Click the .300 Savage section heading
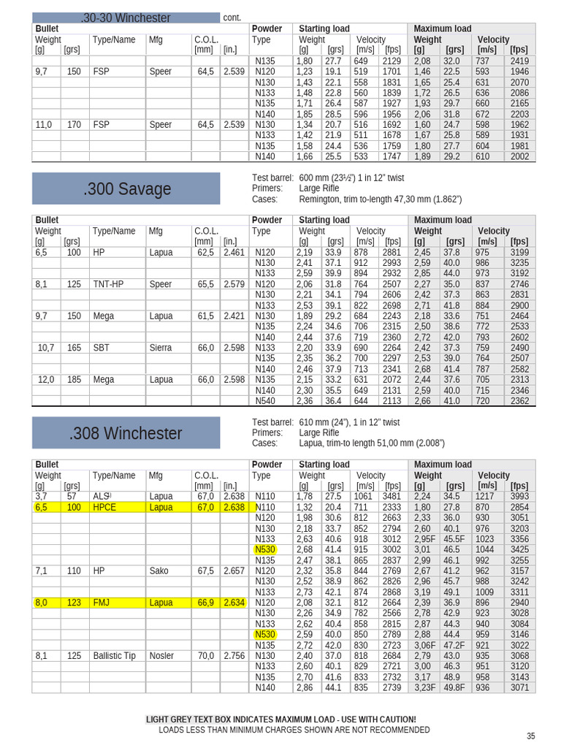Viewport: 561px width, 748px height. coord(126,189)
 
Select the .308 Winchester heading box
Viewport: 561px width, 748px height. coord(126,433)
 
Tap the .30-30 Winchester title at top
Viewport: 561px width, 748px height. coord(126,18)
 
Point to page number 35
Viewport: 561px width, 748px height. coord(530,736)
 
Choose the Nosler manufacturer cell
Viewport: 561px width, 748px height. coord(162,656)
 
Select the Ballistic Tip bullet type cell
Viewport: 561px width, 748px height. coord(114,656)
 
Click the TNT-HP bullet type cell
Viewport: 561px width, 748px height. coord(108,284)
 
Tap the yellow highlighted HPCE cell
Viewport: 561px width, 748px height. coord(104,507)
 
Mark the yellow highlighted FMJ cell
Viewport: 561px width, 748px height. coord(102,603)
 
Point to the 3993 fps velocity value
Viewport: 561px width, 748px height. coord(519,497)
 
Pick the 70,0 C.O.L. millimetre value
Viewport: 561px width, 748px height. coord(205,656)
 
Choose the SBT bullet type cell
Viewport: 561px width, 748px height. coord(101,348)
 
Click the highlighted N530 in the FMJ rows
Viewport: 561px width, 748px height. coord(265,635)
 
